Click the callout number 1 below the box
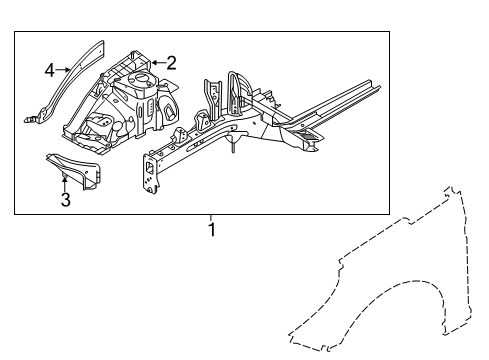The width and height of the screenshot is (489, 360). pos(211,229)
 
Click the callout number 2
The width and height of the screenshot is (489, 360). pos(171,63)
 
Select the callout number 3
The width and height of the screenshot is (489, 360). pos(65,200)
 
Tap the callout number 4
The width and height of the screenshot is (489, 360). pos(49,69)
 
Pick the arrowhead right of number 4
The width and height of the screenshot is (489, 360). pos(67,69)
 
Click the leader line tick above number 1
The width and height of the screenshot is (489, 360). pos(211,217)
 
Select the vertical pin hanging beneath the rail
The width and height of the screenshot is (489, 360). pos(233,147)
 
